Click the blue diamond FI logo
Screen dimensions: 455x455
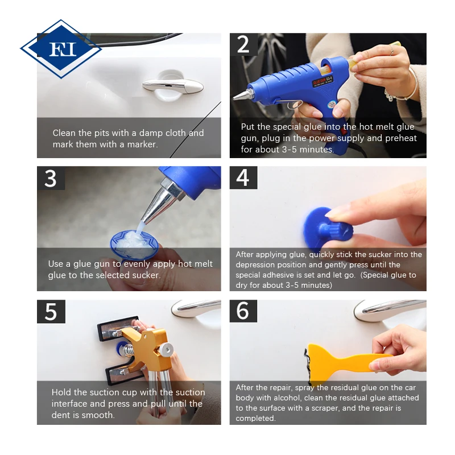point(61,49)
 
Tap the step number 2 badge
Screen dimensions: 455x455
point(243,44)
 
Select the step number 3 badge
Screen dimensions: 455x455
point(51,178)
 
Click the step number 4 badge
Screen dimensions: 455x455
point(243,177)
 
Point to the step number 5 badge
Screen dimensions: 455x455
point(51,312)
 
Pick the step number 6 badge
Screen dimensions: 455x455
point(243,311)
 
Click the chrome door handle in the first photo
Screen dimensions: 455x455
point(173,85)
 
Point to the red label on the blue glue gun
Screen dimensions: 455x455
point(322,81)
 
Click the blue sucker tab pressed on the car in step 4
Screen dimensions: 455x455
point(329,229)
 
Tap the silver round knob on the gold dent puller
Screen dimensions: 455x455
point(167,349)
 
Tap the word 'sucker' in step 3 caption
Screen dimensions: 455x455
point(146,275)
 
